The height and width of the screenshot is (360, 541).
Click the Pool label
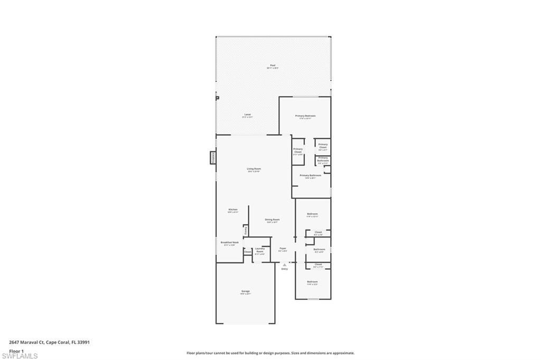[273, 65]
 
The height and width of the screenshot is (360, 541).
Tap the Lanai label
[247, 115]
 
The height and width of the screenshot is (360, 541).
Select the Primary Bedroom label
[305, 116]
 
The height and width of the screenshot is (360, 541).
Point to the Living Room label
[254, 169]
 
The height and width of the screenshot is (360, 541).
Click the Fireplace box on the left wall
[213, 157]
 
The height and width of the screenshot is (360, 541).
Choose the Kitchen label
[233, 210]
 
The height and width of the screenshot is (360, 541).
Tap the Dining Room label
[272, 220]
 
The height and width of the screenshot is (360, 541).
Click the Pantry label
[246, 231]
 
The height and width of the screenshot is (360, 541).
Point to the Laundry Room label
[260, 250]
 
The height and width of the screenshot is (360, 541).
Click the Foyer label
[283, 248]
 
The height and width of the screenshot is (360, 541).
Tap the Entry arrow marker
[284, 264]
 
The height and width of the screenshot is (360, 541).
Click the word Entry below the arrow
[284, 269]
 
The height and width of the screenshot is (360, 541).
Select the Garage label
[246, 291]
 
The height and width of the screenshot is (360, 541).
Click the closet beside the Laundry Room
[247, 252]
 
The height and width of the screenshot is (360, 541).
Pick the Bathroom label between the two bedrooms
[319, 249]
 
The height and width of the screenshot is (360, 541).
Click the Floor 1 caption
[17, 350]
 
